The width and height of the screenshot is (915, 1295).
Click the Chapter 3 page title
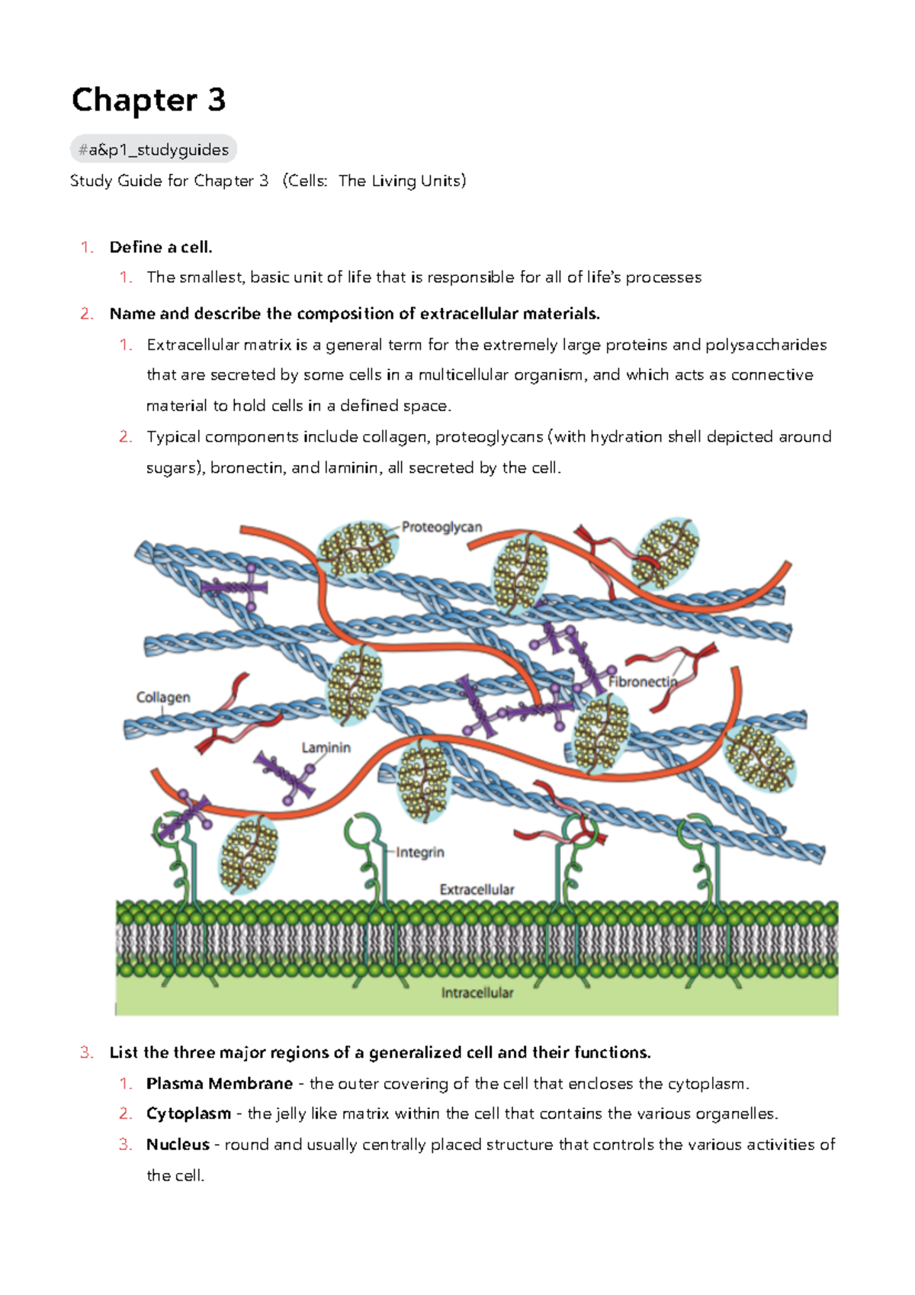(x=149, y=100)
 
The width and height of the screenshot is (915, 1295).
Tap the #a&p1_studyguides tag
(x=153, y=149)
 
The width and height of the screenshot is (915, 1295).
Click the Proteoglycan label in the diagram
(x=441, y=527)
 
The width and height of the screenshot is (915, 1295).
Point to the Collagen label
(x=163, y=697)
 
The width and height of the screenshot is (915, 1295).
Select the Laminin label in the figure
(x=326, y=747)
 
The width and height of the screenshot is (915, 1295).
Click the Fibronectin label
(x=642, y=681)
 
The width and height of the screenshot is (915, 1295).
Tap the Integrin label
(x=419, y=852)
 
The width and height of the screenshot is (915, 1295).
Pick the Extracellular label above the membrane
(x=477, y=889)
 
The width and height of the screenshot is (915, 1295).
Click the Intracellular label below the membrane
(x=477, y=992)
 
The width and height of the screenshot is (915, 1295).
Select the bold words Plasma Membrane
(x=220, y=1083)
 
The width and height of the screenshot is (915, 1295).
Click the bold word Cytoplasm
(x=188, y=1113)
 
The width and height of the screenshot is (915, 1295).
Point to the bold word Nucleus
(x=178, y=1144)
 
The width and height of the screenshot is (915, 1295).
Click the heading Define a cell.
(x=161, y=247)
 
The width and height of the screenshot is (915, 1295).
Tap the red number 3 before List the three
(x=86, y=1052)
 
